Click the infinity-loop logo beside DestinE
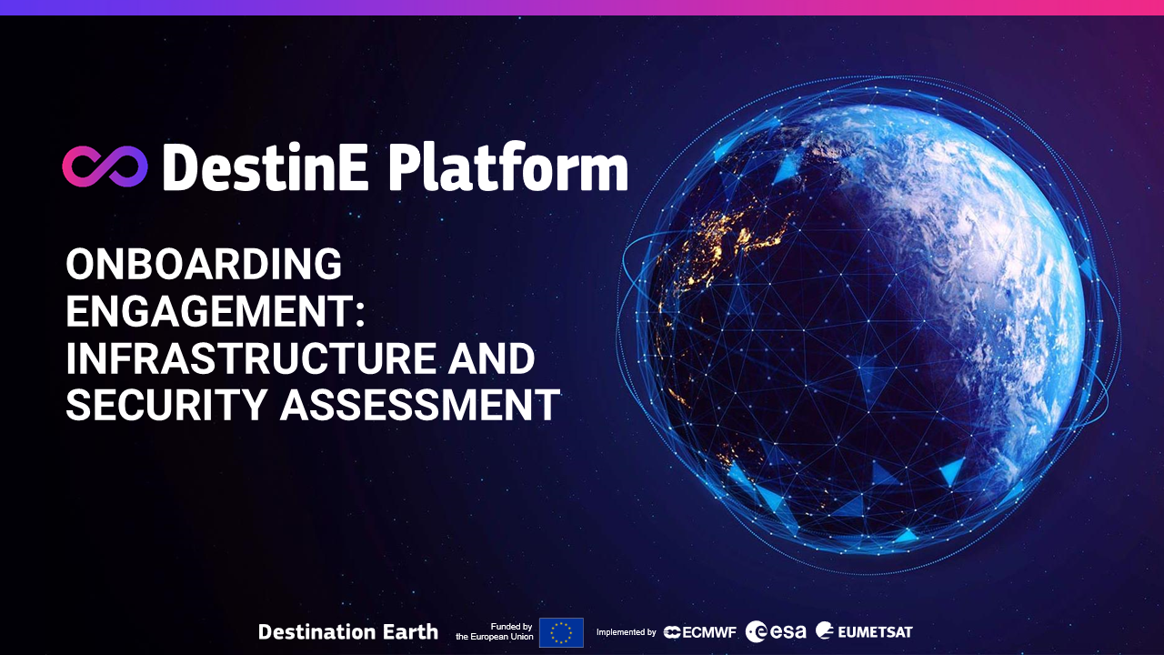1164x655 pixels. click(x=105, y=166)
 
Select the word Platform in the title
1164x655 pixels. click(x=507, y=169)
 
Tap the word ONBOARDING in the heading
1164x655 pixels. click(x=204, y=265)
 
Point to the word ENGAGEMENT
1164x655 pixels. click(x=208, y=312)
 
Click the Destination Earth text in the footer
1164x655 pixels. click(x=348, y=631)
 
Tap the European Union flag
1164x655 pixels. click(x=561, y=632)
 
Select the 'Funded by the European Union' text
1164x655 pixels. click(x=495, y=631)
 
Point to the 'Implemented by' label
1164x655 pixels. click(x=626, y=632)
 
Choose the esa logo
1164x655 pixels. click(x=776, y=631)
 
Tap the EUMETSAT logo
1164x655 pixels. click(x=864, y=631)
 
